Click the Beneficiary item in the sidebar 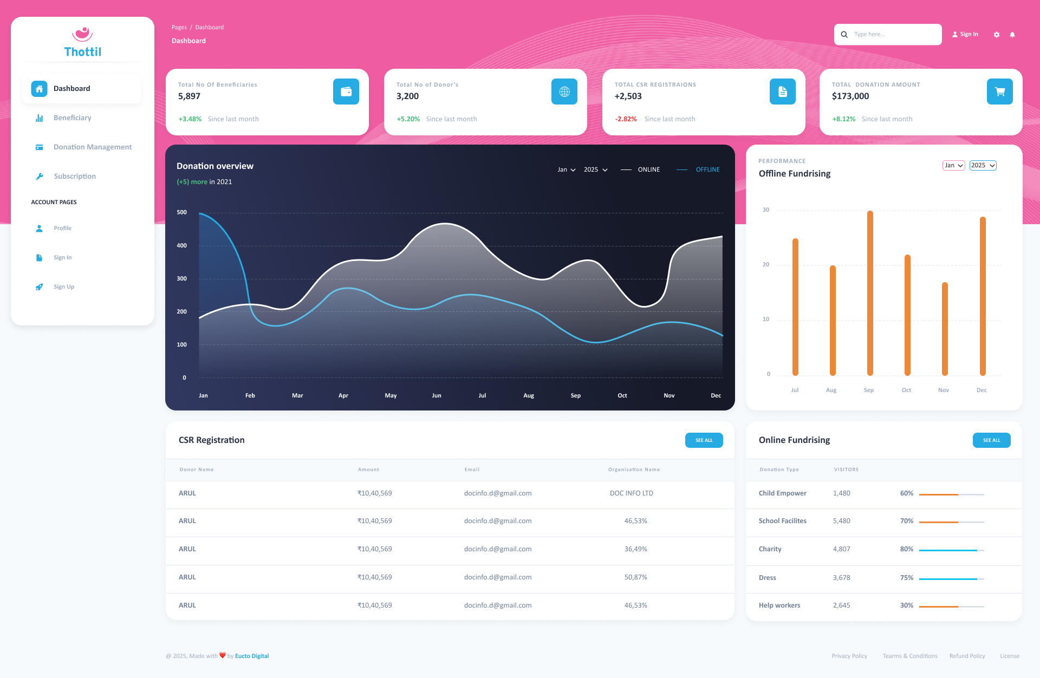point(72,118)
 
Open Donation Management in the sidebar point(92,147)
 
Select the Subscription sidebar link point(75,177)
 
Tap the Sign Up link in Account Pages point(63,287)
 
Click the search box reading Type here point(894,35)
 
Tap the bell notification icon point(1012,35)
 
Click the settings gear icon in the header point(997,35)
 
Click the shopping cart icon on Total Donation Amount point(999,92)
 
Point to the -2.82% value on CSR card point(626,119)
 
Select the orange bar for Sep point(870,292)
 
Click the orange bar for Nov point(945,328)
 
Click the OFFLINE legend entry point(707,170)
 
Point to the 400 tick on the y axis point(181,246)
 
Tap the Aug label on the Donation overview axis point(529,396)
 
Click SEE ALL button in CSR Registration point(704,440)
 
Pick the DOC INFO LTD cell point(631,493)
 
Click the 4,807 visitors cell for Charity point(841,549)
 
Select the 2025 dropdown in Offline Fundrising point(983,166)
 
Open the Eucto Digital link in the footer point(252,656)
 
